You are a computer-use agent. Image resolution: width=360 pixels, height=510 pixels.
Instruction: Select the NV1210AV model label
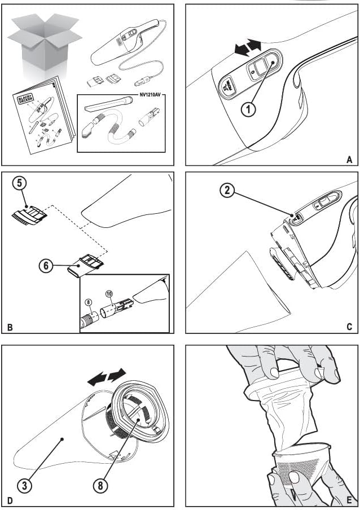click(151, 94)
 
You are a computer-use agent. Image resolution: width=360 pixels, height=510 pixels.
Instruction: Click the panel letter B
click(10, 327)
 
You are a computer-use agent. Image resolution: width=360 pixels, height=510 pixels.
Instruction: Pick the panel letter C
click(349, 327)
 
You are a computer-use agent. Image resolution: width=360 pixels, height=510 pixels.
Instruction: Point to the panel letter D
click(10, 500)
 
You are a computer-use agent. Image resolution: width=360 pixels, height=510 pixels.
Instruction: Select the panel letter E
click(349, 500)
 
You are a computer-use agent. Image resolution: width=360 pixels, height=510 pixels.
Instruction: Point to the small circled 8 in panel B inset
click(88, 301)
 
